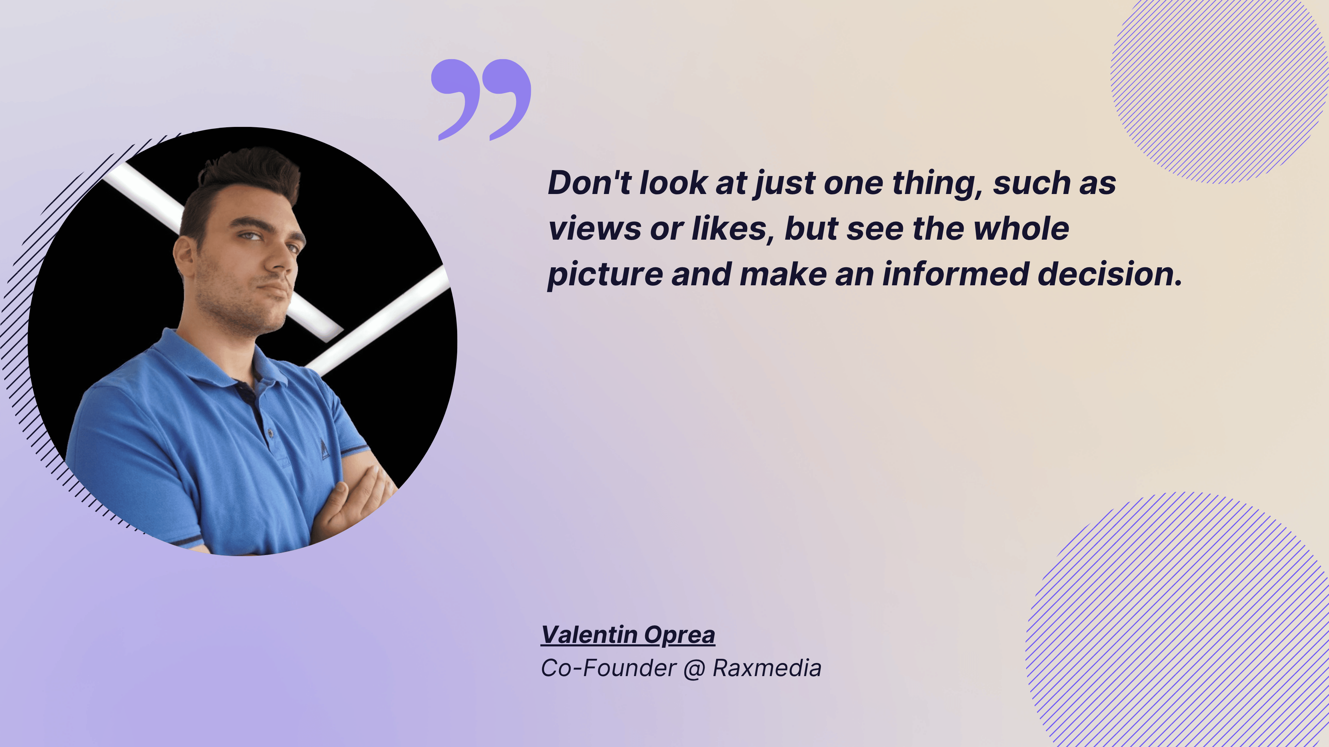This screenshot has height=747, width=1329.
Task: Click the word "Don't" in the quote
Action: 589,183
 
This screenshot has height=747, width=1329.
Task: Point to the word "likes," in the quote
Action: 733,229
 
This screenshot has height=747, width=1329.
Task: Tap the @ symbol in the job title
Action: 694,668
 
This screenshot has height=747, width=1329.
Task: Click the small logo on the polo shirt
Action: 325,449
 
